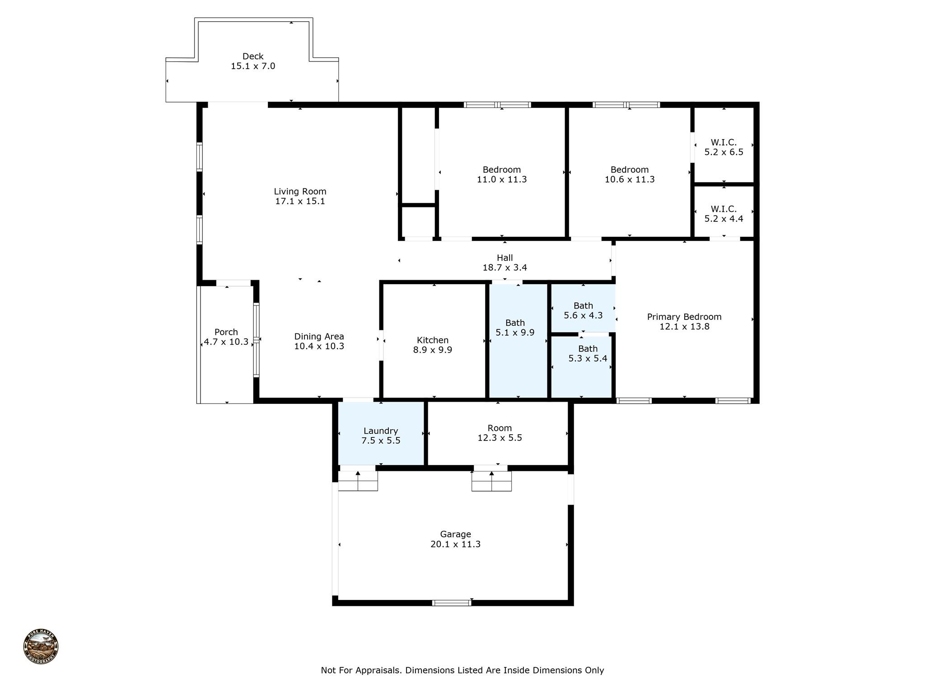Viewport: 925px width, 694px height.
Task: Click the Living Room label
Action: [300, 192]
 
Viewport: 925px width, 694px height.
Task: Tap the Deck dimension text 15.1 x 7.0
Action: [253, 66]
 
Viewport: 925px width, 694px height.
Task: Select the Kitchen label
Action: [432, 340]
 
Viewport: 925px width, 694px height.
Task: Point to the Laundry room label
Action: [381, 431]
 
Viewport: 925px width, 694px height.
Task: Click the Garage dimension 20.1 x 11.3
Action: [455, 544]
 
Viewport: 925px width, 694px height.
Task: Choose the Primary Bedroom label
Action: [684, 317]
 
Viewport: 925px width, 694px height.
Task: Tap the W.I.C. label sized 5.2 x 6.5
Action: [724, 143]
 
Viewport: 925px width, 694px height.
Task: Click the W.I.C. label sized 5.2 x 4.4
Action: [724, 209]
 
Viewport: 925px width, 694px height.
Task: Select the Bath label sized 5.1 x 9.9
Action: [515, 323]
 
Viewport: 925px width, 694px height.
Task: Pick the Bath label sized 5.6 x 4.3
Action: [583, 306]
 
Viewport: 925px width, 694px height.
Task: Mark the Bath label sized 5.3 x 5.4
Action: [588, 349]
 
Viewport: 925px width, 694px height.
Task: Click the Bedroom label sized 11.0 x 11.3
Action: [501, 170]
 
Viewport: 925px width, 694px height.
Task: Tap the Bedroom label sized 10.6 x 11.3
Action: [629, 170]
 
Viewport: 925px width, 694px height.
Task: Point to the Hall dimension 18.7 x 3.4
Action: [505, 267]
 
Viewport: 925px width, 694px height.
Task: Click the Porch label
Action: [226, 332]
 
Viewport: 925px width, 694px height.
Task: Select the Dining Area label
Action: [319, 337]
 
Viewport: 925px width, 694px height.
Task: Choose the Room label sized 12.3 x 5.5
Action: [500, 428]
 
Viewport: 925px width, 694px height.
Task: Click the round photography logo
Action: [41, 647]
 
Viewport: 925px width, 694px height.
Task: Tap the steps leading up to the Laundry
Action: [358, 481]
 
